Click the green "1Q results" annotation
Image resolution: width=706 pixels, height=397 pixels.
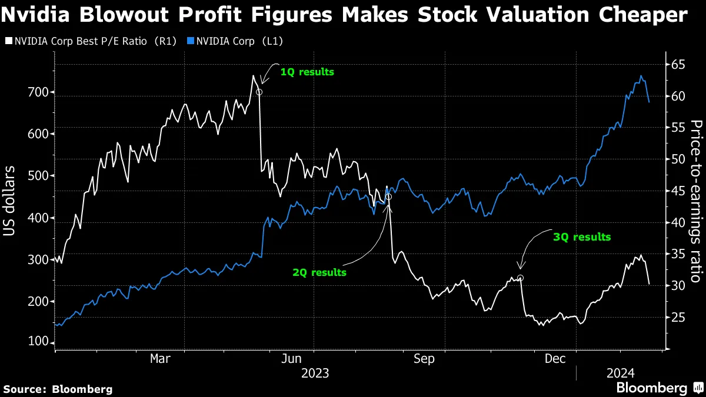pyautogui.click(x=307, y=72)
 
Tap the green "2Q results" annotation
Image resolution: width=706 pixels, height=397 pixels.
pyautogui.click(x=319, y=272)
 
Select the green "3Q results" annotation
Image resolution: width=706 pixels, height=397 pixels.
pyautogui.click(x=582, y=237)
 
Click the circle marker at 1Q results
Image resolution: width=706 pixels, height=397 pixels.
pyautogui.click(x=259, y=92)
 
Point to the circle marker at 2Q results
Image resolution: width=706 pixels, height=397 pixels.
pyautogui.click(x=388, y=197)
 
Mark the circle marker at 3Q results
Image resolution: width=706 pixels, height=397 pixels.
pyautogui.click(x=520, y=278)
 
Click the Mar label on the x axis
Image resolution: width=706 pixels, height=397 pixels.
pyautogui.click(x=159, y=358)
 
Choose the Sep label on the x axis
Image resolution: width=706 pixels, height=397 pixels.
pyautogui.click(x=424, y=358)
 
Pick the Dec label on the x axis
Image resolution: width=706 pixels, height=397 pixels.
pyautogui.click(x=556, y=358)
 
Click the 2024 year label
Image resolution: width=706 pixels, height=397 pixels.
pyautogui.click(x=621, y=373)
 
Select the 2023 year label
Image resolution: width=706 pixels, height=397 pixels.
pyautogui.click(x=315, y=373)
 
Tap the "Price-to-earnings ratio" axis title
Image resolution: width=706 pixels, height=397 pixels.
pyautogui.click(x=697, y=201)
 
